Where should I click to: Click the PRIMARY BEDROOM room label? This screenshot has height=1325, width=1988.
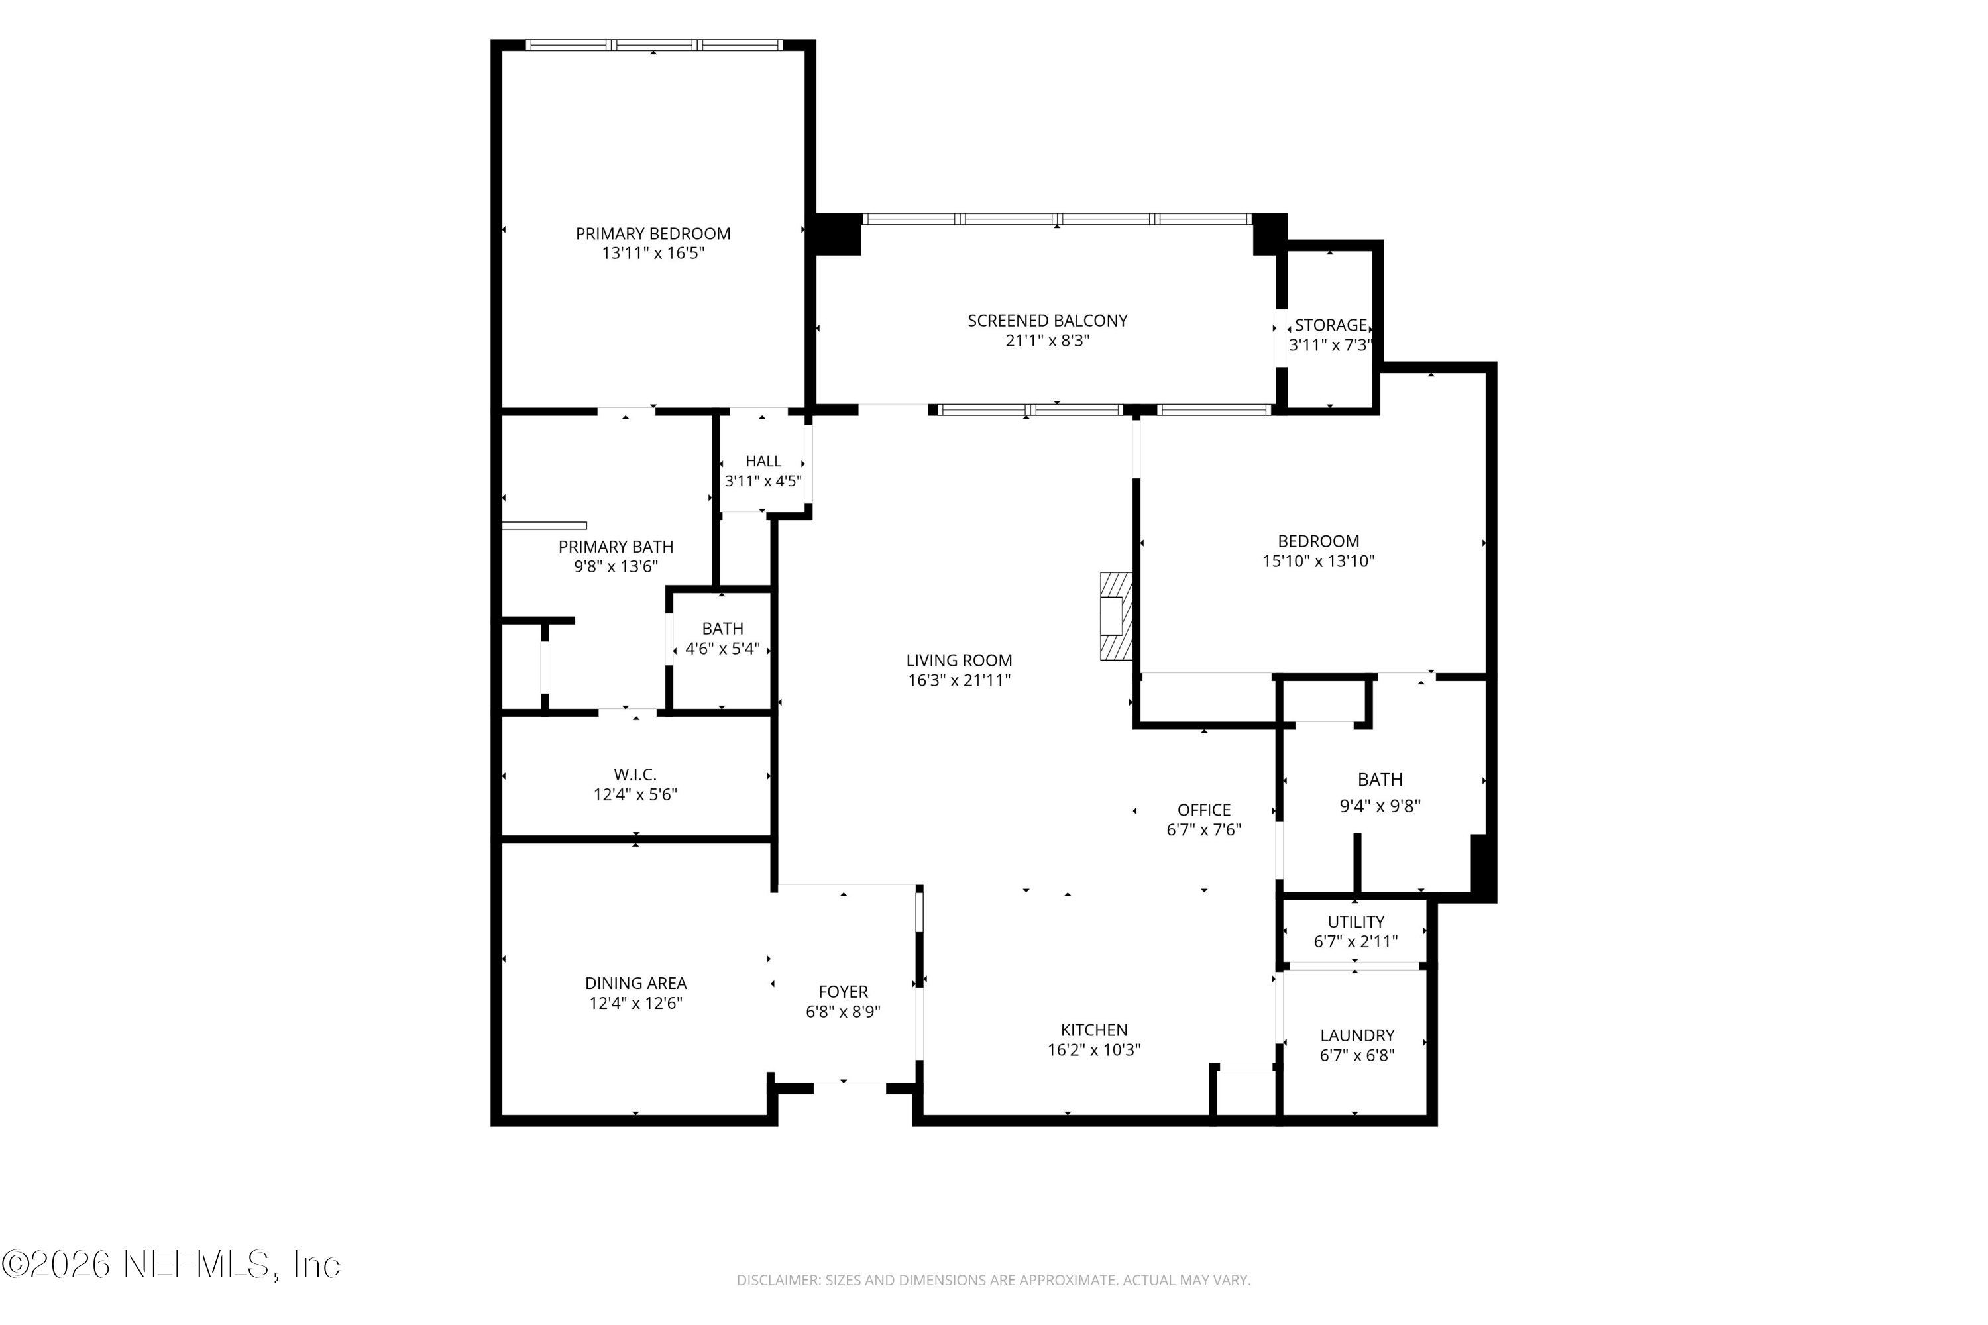pyautogui.click(x=653, y=234)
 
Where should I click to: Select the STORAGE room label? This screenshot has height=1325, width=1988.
pyautogui.click(x=1331, y=325)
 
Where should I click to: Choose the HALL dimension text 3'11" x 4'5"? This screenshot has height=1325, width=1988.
pyautogui.click(x=763, y=482)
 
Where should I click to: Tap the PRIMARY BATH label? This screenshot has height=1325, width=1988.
pyautogui.click(x=616, y=547)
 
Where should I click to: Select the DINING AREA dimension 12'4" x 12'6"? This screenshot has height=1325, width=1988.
pyautogui.click(x=635, y=1004)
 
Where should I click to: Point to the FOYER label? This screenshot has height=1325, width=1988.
pyautogui.click(x=843, y=992)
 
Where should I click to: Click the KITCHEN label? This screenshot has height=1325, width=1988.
pyautogui.click(x=1094, y=1030)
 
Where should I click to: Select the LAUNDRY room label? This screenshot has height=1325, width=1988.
pyautogui.click(x=1356, y=1035)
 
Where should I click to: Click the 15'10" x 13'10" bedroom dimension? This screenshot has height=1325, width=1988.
pyautogui.click(x=1319, y=561)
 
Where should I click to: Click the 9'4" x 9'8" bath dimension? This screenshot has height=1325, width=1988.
pyautogui.click(x=1380, y=806)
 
